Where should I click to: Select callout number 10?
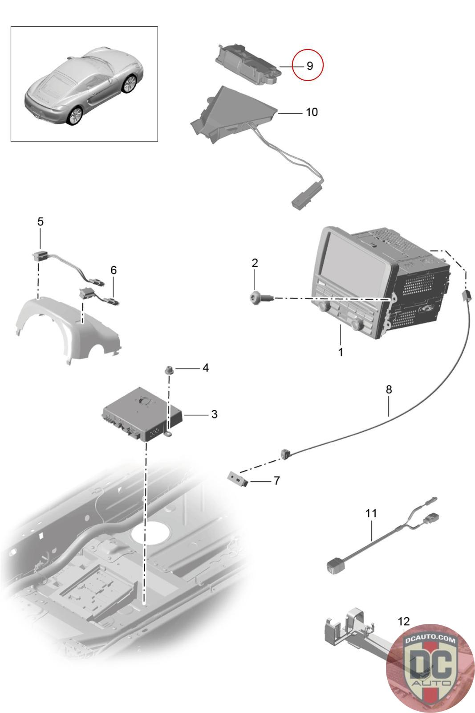[312, 112]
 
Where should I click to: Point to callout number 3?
[214, 414]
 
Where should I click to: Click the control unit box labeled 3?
[140, 415]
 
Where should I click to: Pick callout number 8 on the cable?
[389, 389]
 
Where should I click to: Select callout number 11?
[371, 513]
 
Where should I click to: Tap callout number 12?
[403, 621]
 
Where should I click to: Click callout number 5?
[41, 221]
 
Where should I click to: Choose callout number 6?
[114, 270]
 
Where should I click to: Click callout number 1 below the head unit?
[341, 352]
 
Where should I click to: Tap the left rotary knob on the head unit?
[324, 307]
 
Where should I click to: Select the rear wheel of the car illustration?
[75, 115]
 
